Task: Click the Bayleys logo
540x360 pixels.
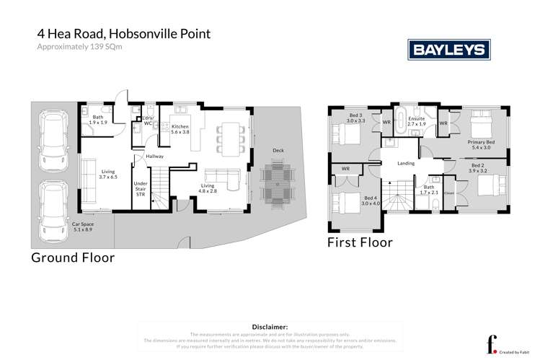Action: click(x=449, y=49)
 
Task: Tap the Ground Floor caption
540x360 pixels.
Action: click(x=72, y=257)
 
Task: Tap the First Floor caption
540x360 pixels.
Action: click(x=360, y=242)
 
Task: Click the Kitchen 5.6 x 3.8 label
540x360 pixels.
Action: click(x=180, y=129)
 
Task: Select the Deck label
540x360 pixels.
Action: click(x=278, y=151)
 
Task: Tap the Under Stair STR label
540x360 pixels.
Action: click(x=141, y=189)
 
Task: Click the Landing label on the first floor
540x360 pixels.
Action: click(x=407, y=163)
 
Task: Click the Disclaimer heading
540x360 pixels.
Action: click(x=270, y=327)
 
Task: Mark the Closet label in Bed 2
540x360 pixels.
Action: click(x=448, y=193)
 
